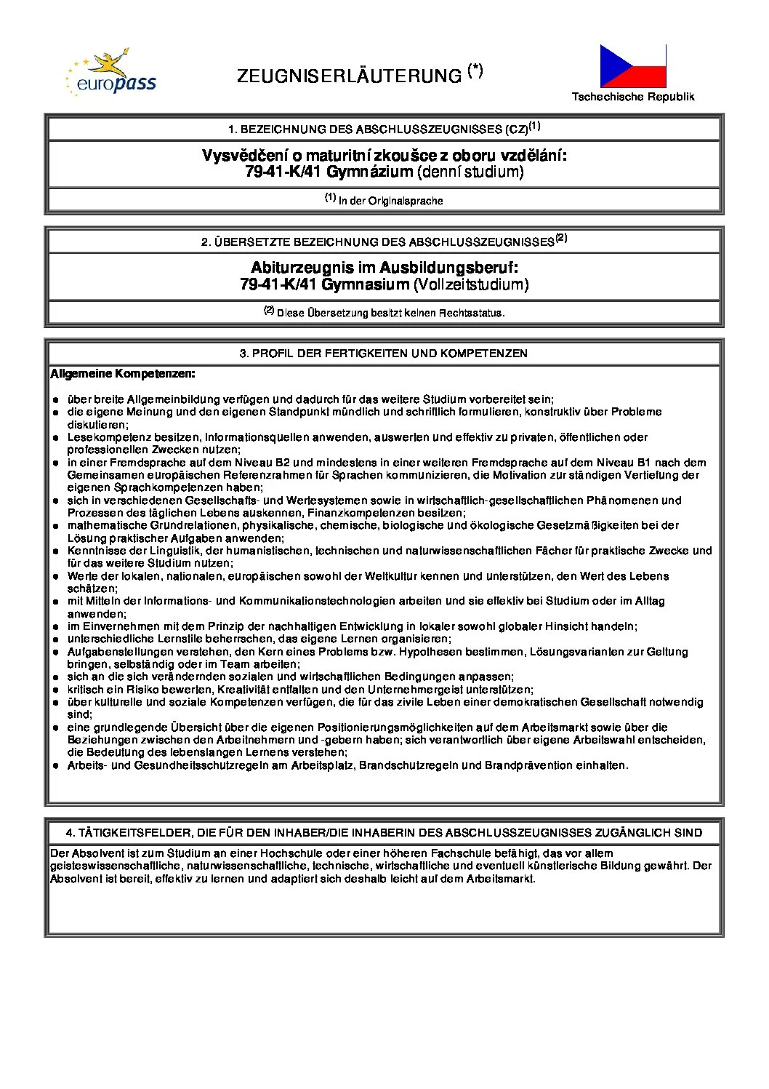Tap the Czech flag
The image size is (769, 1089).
pyautogui.click(x=632, y=66)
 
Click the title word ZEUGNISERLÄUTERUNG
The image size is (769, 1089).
pyautogui.click(x=349, y=76)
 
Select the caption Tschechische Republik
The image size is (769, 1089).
pyautogui.click(x=632, y=97)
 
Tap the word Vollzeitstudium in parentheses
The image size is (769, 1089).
pyautogui.click(x=471, y=284)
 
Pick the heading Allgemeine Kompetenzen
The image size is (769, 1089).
pyautogui.click(x=123, y=374)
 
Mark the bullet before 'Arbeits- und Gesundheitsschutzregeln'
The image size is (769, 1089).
pyautogui.click(x=56, y=766)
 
